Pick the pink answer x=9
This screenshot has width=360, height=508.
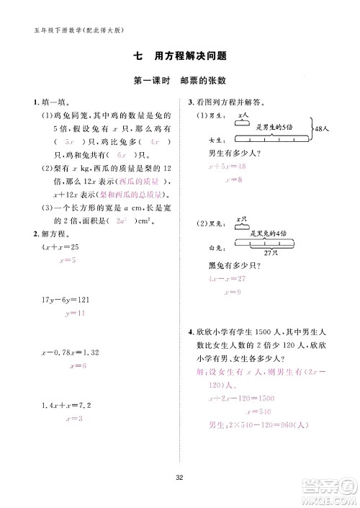click(232, 293)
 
